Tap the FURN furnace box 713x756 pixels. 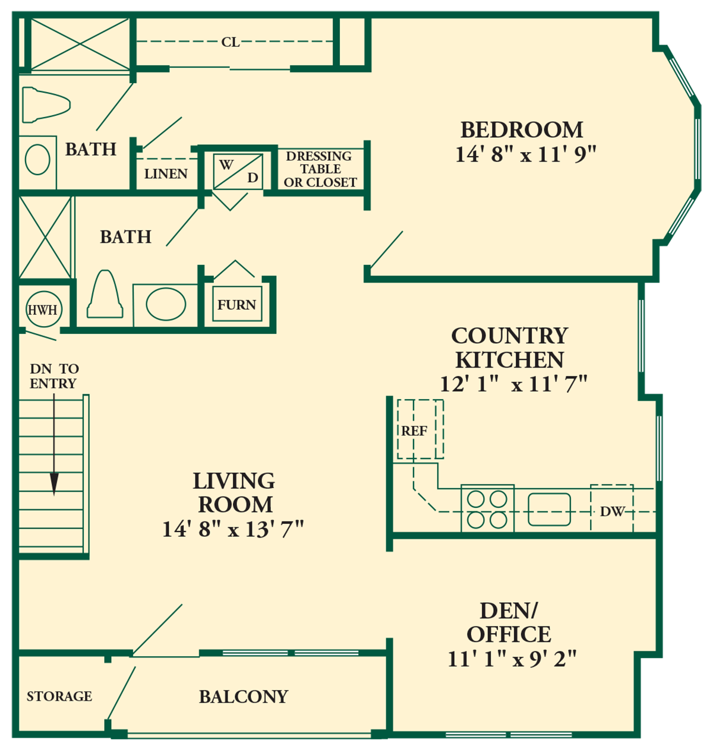tap(237, 304)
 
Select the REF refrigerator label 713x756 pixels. tap(414, 431)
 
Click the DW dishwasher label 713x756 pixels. tap(612, 511)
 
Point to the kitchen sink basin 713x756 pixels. tap(549, 510)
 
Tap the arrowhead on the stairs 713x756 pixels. tap(54, 484)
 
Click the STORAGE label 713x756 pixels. tap(59, 696)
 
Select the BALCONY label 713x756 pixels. tap(244, 697)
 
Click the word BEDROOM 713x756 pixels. tap(522, 130)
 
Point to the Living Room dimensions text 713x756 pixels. tap(233, 529)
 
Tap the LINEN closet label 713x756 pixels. tap(166, 174)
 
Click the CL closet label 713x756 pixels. tap(231, 42)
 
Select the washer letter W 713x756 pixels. tap(226, 165)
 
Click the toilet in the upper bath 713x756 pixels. tap(46, 105)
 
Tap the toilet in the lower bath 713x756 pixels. tap(105, 294)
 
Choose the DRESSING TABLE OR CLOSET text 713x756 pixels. tap(320, 169)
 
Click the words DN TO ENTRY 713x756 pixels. tap(54, 376)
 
